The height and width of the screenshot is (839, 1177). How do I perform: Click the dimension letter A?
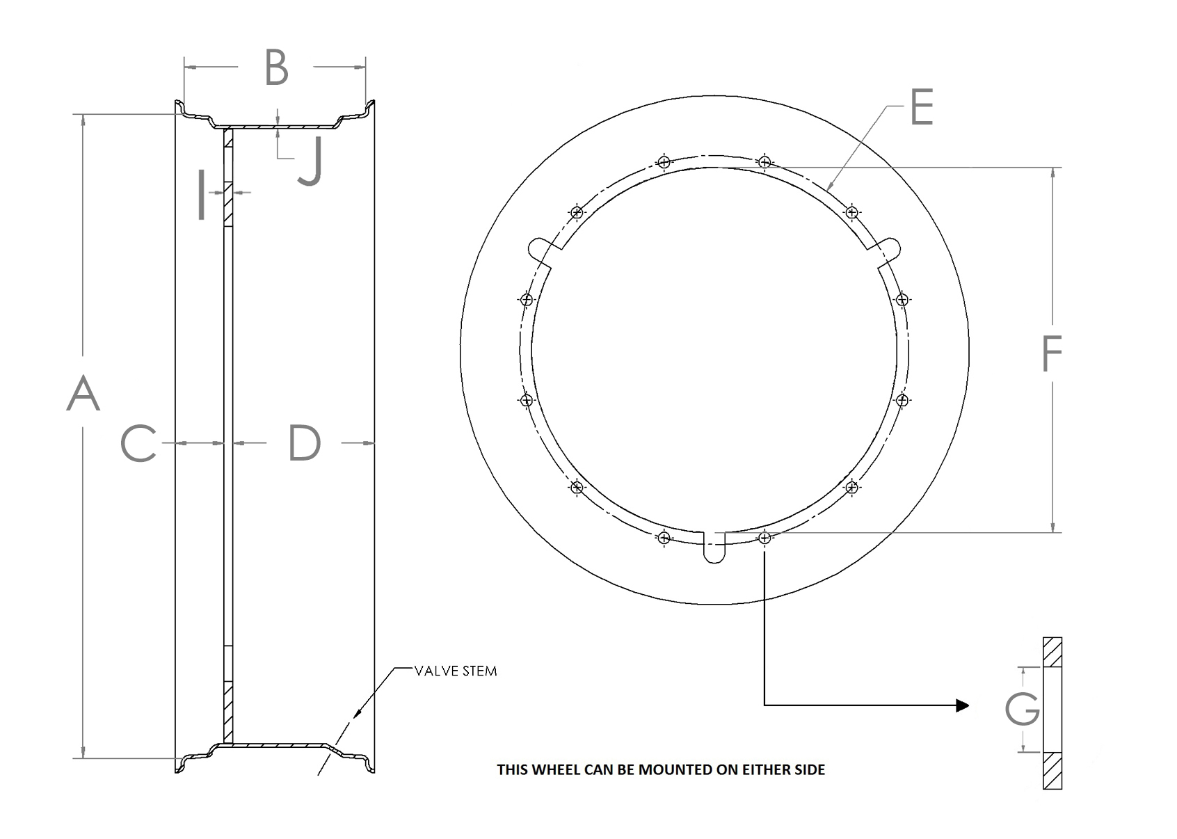click(x=83, y=393)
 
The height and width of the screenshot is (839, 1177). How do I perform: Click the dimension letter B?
click(x=276, y=68)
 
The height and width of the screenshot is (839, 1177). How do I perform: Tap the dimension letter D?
click(x=305, y=443)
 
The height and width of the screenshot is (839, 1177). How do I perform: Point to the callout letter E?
click(x=921, y=109)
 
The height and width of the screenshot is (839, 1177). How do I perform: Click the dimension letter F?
click(x=1051, y=353)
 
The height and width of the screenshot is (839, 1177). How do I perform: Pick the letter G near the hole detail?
click(x=1022, y=709)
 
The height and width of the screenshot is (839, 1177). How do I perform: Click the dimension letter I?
click(x=201, y=195)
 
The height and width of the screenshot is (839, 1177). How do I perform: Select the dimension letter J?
click(x=310, y=162)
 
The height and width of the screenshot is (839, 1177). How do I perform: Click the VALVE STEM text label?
click(x=456, y=671)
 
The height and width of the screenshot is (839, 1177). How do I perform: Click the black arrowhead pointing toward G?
click(x=962, y=705)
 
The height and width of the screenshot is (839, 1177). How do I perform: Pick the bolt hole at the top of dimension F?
click(x=764, y=162)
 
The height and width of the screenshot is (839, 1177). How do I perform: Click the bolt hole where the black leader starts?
click(x=764, y=537)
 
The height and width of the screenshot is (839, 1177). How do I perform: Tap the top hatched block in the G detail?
click(x=1052, y=653)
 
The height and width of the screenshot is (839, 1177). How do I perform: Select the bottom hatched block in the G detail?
click(x=1052, y=770)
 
